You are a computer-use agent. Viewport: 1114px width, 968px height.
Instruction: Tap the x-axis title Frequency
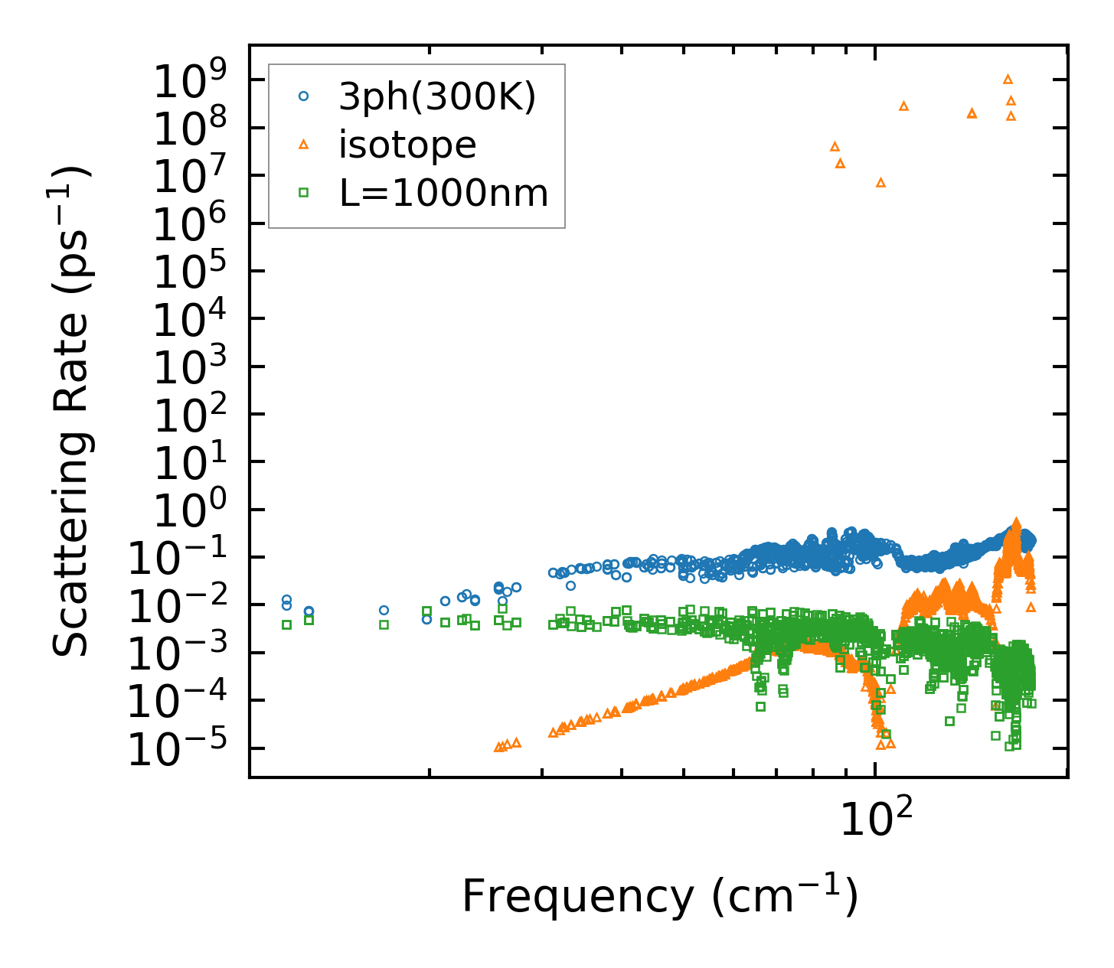(x=659, y=897)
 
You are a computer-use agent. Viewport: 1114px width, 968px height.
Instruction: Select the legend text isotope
(x=407, y=145)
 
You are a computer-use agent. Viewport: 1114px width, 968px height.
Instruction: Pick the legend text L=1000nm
(x=444, y=193)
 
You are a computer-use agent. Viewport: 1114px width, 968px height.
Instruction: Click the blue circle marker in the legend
(x=304, y=96)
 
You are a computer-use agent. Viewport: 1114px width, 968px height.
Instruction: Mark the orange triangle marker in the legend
(x=304, y=144)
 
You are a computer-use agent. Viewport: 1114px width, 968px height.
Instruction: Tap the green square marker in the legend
(x=304, y=193)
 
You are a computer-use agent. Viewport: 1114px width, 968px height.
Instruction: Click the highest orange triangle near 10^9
(x=1008, y=79)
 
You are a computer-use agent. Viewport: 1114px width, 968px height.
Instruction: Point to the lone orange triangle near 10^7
(x=880, y=182)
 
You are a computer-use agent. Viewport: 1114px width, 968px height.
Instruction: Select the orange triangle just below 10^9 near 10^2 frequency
(x=903, y=106)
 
